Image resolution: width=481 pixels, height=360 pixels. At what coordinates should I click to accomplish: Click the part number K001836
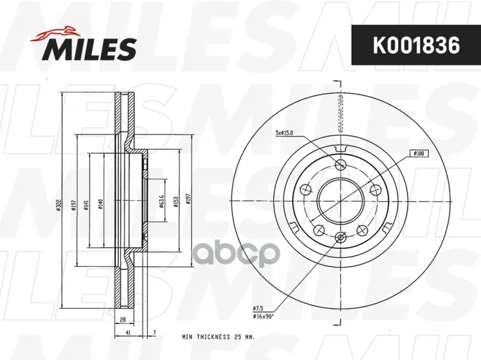pos(416,45)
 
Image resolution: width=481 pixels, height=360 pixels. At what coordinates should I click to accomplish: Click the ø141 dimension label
pos(86,205)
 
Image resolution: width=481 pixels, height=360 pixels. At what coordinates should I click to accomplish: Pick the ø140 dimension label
pos(100,204)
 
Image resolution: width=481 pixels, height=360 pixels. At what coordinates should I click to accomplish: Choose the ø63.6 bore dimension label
pos(161,201)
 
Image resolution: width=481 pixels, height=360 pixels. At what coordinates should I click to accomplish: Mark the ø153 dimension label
pos(176,201)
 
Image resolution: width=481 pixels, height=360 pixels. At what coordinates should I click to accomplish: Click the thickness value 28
pos(123,320)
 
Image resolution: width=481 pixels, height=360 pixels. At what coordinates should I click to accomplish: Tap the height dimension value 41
pos(128,332)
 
